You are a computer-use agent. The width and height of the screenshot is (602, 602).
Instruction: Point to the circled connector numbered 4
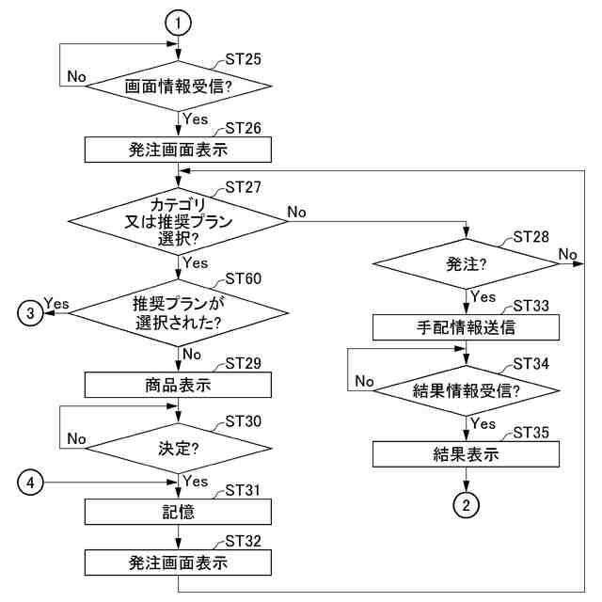(x=33, y=483)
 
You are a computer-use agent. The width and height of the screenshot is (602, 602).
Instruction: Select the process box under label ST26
(x=179, y=150)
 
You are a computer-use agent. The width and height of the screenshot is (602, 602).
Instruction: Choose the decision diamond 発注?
(x=467, y=266)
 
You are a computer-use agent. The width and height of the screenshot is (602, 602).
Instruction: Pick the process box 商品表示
(x=179, y=385)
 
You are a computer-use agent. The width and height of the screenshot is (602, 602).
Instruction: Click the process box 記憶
(x=179, y=512)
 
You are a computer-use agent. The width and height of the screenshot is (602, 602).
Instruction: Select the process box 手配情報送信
(x=467, y=327)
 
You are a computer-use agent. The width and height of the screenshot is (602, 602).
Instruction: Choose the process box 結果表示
(x=467, y=453)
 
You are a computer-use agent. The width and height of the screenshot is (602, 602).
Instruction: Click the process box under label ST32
(x=179, y=563)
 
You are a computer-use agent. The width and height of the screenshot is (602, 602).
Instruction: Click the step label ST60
(x=244, y=279)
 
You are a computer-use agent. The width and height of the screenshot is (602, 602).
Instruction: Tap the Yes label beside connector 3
(x=57, y=304)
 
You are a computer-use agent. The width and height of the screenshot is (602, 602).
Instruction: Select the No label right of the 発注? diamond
(x=567, y=254)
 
